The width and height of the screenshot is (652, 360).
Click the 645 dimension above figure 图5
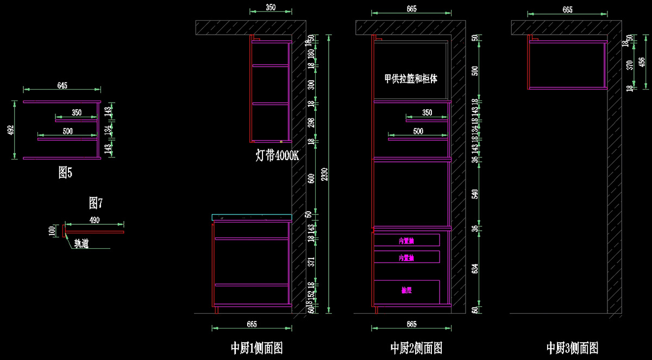pyautogui.click(x=62, y=86)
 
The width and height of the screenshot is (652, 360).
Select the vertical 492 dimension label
pyautogui.click(x=10, y=130)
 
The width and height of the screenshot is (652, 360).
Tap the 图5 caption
pyautogui.click(x=65, y=173)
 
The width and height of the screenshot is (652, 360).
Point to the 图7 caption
pyautogui.click(x=96, y=203)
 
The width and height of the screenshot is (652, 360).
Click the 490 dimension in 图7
pyautogui.click(x=95, y=219)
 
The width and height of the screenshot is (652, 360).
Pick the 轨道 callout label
pyautogui.click(x=81, y=244)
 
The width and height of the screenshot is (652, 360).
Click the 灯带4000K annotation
pyautogui.click(x=277, y=155)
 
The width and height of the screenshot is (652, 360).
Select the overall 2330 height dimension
pyautogui.click(x=324, y=174)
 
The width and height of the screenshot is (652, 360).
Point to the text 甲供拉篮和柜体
pyautogui.click(x=411, y=79)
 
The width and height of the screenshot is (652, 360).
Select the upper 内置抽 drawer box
pyautogui.click(x=406, y=240)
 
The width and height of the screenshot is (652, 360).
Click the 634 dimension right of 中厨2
pyautogui.click(x=475, y=268)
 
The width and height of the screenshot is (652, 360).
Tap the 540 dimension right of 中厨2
pyautogui.click(x=475, y=193)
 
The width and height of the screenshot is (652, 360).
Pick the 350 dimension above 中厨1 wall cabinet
pyautogui.click(x=271, y=7)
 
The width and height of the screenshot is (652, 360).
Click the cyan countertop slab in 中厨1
pyautogui.click(x=252, y=217)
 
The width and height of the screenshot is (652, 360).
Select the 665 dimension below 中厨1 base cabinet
pyautogui.click(x=252, y=324)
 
